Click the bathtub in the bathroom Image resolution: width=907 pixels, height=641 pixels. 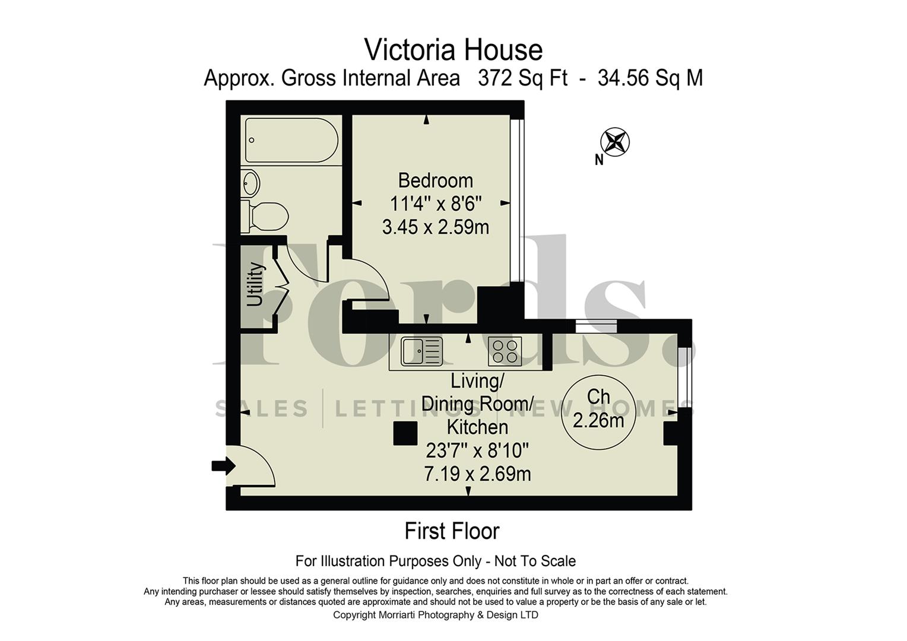[x=291, y=141]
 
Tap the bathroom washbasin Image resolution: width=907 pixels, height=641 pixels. [x=250, y=183]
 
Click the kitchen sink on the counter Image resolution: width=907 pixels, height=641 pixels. [x=421, y=350]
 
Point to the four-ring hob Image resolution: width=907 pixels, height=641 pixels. [x=505, y=351]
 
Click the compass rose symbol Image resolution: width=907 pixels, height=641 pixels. [x=615, y=142]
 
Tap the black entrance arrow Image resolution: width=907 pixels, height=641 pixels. [x=223, y=465]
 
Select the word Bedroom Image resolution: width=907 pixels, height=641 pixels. [x=435, y=180]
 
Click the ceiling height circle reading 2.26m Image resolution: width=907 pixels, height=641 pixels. [x=598, y=409]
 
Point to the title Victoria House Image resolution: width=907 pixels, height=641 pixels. [x=453, y=50]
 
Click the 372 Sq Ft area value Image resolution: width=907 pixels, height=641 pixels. [x=522, y=78]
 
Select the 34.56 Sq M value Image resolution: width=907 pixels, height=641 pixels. [x=650, y=78]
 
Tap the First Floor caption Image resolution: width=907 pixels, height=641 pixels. [x=452, y=531]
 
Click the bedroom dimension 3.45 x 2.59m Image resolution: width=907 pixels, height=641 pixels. [x=435, y=227]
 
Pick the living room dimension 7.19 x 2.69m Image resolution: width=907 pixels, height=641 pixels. [x=477, y=474]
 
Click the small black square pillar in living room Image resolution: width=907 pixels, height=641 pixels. [x=405, y=433]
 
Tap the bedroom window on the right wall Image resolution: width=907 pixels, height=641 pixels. [x=520, y=199]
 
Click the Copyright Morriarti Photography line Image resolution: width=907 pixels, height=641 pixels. [x=435, y=615]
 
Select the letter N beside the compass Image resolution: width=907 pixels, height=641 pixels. [x=599, y=160]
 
